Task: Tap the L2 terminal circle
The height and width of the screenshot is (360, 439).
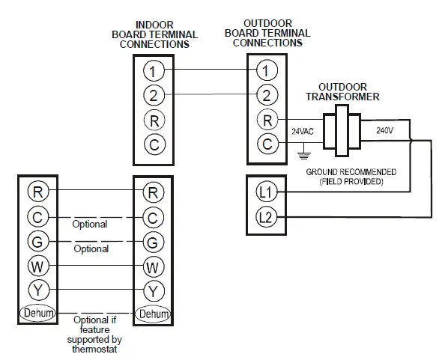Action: tap(266, 218)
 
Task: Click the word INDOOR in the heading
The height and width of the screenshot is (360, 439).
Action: tap(155, 25)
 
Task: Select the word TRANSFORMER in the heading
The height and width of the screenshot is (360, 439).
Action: tap(348, 97)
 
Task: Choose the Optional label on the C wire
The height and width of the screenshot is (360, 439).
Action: tap(90, 224)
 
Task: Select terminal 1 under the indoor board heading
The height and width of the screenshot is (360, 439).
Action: tap(154, 72)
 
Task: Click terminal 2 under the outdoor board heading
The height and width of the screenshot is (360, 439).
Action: tap(266, 94)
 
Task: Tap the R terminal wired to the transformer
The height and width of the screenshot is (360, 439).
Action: tap(266, 118)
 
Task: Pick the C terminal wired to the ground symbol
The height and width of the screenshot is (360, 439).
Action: tap(266, 144)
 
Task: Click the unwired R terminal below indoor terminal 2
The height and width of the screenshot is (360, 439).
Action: tap(154, 120)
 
